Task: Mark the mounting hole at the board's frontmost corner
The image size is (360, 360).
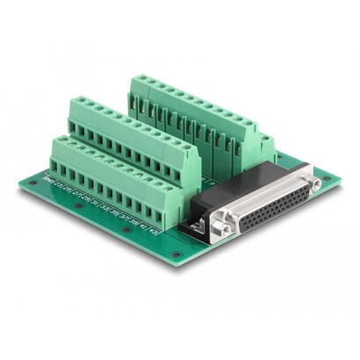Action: click(x=176, y=256)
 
